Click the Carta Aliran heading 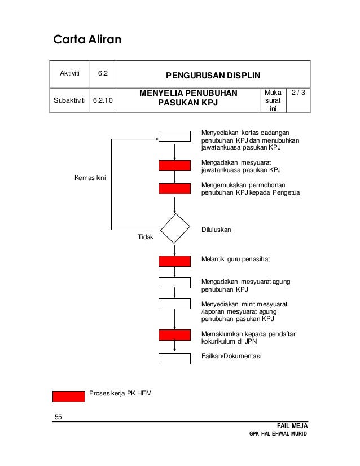coord(87,40)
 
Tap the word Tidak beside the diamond coord(146,238)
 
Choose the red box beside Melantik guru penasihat coord(174,260)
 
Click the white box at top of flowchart coord(174,136)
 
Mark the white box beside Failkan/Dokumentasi coord(174,358)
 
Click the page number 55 coord(58,417)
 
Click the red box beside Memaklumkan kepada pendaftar coord(174,335)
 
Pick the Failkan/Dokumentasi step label coord(231,356)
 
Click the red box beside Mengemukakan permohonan coord(174,188)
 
